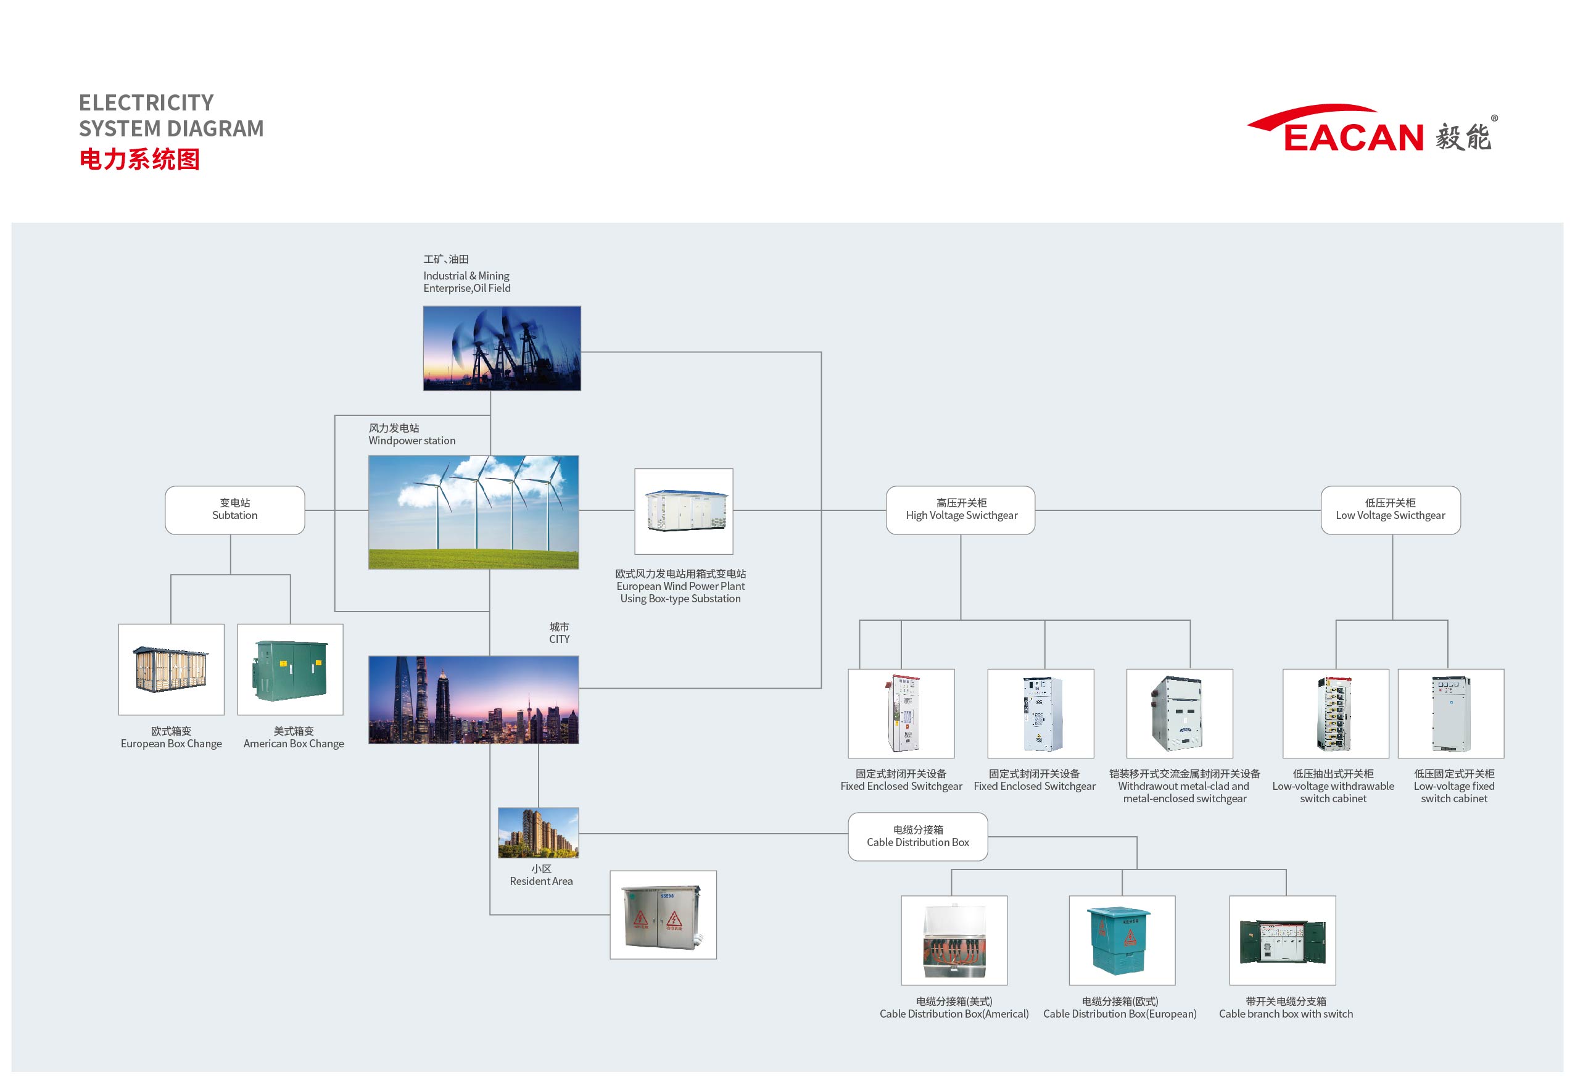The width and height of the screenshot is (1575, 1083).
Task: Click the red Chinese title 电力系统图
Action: click(139, 159)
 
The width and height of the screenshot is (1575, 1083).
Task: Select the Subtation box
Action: click(234, 510)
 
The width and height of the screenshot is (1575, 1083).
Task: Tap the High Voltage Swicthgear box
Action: click(961, 510)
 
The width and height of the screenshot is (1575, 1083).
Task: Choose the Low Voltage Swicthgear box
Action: click(1391, 510)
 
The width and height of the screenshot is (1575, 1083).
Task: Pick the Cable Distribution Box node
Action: click(918, 837)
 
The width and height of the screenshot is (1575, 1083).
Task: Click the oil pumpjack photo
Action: click(502, 348)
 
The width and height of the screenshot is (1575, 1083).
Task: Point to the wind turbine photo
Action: click(473, 512)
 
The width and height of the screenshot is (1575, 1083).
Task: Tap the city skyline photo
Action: click(473, 700)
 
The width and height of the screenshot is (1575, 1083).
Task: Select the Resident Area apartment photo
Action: click(539, 832)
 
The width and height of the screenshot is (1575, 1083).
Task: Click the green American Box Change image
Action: click(291, 670)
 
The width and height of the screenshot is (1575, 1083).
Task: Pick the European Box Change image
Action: click(171, 670)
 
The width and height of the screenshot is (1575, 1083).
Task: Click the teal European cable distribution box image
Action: click(1122, 940)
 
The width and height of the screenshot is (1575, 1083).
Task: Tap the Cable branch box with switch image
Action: click(1283, 940)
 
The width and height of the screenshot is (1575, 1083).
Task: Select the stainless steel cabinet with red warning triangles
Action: click(663, 915)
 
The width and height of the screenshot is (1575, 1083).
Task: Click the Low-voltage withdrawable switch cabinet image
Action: click(1336, 714)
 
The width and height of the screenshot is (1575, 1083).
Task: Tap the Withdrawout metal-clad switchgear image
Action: click(1180, 714)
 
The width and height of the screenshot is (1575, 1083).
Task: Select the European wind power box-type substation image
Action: click(684, 512)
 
